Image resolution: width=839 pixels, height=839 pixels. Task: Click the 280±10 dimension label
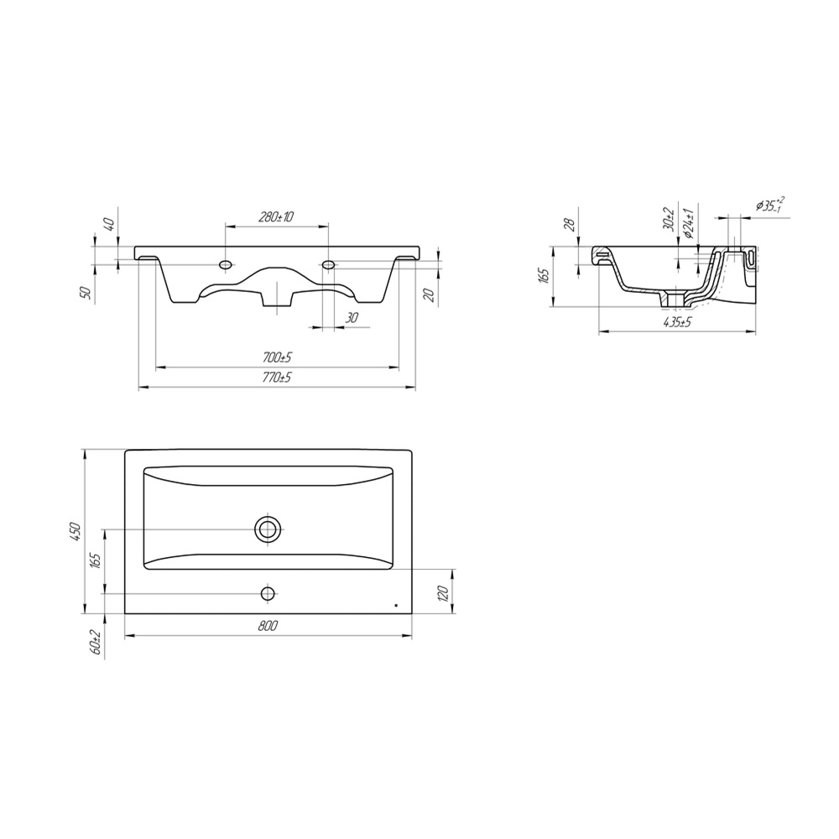click(276, 216)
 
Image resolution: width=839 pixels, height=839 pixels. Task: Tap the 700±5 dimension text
click(277, 357)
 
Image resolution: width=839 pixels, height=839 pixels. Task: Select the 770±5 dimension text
click(277, 378)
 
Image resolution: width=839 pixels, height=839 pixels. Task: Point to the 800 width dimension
click(268, 626)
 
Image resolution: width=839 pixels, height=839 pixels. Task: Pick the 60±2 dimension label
click(96, 641)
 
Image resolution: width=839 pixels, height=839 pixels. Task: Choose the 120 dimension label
click(442, 593)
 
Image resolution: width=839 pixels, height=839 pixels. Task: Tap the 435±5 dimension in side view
click(677, 322)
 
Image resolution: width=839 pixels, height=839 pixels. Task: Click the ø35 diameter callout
click(770, 205)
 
